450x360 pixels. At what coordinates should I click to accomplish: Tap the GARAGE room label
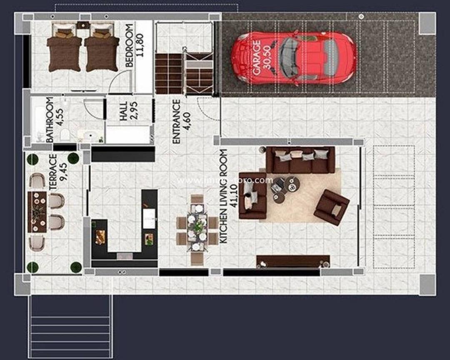[257, 57]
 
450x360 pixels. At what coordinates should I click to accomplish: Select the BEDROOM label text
[129, 46]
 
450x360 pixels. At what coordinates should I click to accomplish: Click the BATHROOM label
[50, 120]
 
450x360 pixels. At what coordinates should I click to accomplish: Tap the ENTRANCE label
[176, 121]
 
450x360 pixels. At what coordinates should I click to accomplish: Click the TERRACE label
[53, 172]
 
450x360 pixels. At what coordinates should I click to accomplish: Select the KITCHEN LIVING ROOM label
[224, 196]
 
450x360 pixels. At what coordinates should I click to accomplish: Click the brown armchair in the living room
[331, 207]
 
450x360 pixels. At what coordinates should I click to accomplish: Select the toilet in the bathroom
[65, 135]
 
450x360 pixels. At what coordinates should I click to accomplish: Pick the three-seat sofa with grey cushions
[300, 159]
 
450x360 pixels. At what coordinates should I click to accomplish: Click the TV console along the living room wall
[293, 261]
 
